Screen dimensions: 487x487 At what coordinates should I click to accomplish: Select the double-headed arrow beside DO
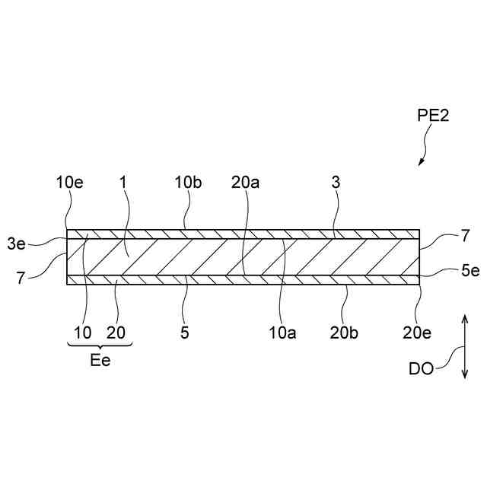[x=463, y=344]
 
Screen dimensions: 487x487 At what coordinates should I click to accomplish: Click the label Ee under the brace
[x=100, y=361]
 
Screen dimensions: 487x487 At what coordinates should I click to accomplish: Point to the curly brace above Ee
[x=100, y=346]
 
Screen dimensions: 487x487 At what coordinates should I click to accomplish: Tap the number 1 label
[x=123, y=183]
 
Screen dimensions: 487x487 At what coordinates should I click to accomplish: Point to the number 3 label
[x=334, y=183]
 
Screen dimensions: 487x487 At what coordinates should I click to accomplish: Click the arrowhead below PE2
[x=420, y=162]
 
